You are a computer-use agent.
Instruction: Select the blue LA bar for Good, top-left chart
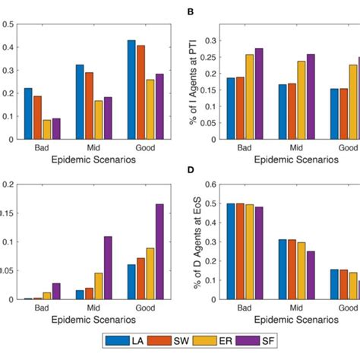pos(131,90)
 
